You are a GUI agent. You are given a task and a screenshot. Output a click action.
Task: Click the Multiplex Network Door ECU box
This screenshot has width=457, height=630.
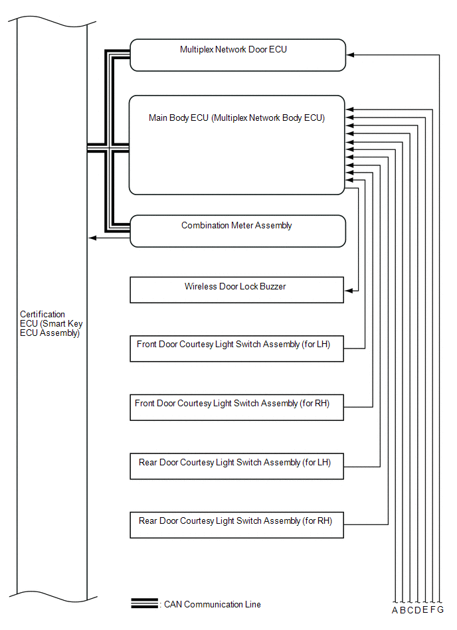[x=237, y=55]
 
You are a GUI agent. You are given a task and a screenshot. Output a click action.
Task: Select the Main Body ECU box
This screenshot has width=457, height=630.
[x=237, y=145]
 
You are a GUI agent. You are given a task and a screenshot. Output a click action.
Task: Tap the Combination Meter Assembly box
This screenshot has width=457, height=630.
[x=237, y=231]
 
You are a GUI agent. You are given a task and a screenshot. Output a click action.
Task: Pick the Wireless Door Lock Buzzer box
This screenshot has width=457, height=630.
[x=236, y=290]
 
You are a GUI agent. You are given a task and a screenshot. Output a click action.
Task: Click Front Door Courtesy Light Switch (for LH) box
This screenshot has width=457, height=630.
[x=236, y=349]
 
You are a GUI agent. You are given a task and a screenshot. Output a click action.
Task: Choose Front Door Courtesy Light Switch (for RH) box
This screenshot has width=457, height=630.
[x=236, y=407]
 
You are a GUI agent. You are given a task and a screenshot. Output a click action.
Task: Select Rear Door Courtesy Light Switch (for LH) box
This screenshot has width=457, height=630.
[x=236, y=465]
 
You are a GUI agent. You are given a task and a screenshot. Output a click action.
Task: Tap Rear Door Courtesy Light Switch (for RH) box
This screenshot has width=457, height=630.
[x=236, y=524]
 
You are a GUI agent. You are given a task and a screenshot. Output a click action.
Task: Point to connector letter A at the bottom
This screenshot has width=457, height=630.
[x=395, y=611]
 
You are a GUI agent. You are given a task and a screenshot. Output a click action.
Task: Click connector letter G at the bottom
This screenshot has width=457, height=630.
[x=440, y=611]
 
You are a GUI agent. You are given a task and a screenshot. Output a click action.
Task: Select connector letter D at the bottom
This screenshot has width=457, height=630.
[x=418, y=611]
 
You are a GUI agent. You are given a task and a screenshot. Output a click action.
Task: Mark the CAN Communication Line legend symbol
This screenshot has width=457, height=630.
[x=144, y=604]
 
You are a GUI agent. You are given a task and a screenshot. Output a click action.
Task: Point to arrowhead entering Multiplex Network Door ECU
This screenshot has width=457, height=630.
[x=350, y=55]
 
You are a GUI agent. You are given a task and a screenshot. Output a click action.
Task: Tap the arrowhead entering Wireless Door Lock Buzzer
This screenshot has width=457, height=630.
[x=348, y=290]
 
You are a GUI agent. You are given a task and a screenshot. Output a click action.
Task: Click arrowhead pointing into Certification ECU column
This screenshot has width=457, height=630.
[x=92, y=238]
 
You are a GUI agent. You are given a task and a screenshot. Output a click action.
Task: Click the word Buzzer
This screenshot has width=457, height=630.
[x=272, y=287]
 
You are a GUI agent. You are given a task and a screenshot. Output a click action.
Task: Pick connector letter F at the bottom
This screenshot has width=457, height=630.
[x=433, y=611]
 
